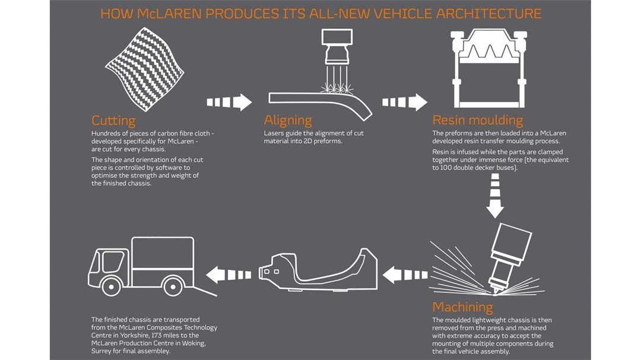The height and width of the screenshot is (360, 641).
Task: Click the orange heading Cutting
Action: coord(113,120)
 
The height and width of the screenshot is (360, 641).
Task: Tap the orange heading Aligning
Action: coord(288,120)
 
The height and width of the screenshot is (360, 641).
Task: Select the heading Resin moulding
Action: coord(477,120)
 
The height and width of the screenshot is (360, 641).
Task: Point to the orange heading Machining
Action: coord(463,307)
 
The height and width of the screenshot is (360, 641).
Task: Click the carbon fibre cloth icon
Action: coord(144,69)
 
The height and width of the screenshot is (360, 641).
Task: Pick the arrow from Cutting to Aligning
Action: coord(229,102)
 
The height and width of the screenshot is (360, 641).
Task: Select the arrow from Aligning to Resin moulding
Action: coord(404,102)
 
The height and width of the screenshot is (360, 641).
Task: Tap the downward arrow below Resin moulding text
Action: coord(495,195)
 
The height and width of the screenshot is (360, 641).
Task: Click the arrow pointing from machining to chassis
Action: coord(405,275)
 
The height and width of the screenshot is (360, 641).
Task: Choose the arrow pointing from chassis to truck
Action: coord(229,275)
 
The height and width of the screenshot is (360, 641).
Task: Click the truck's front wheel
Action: coord(111,287)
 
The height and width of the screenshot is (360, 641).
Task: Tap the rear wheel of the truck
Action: coord(173,287)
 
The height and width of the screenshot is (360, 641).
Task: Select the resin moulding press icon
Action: coord(489,68)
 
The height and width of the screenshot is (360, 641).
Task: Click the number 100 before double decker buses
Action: coord(446,167)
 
